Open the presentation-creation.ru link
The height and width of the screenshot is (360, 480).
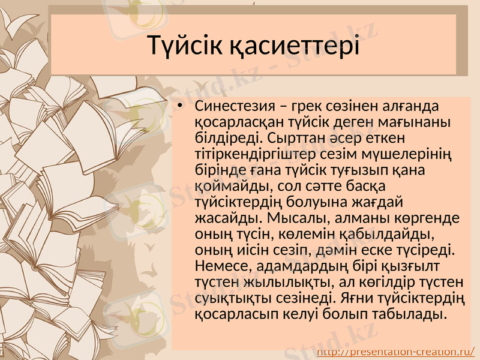(x=396, y=352)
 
